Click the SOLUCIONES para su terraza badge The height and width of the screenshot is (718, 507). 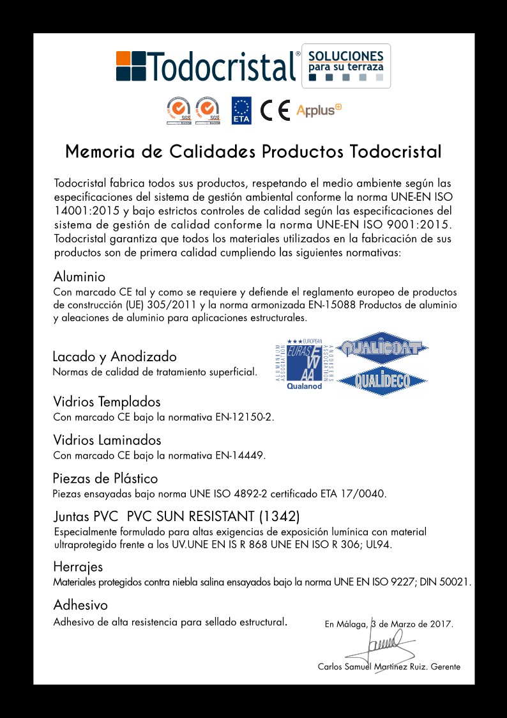click(345, 65)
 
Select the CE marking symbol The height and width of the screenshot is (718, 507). click(276, 111)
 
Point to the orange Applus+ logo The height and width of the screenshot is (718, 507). click(319, 110)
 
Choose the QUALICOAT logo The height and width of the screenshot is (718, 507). click(382, 348)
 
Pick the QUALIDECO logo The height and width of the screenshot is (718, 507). click(382, 381)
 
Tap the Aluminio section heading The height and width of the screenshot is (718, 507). click(79, 277)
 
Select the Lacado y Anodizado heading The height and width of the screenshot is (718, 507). click(114, 356)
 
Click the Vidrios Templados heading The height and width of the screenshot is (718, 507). click(107, 402)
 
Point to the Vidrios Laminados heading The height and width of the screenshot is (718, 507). click(107, 441)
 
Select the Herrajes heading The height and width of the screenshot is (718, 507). click(78, 566)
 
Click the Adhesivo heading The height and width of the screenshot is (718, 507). click(80, 605)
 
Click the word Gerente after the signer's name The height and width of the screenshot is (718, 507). click(446, 667)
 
